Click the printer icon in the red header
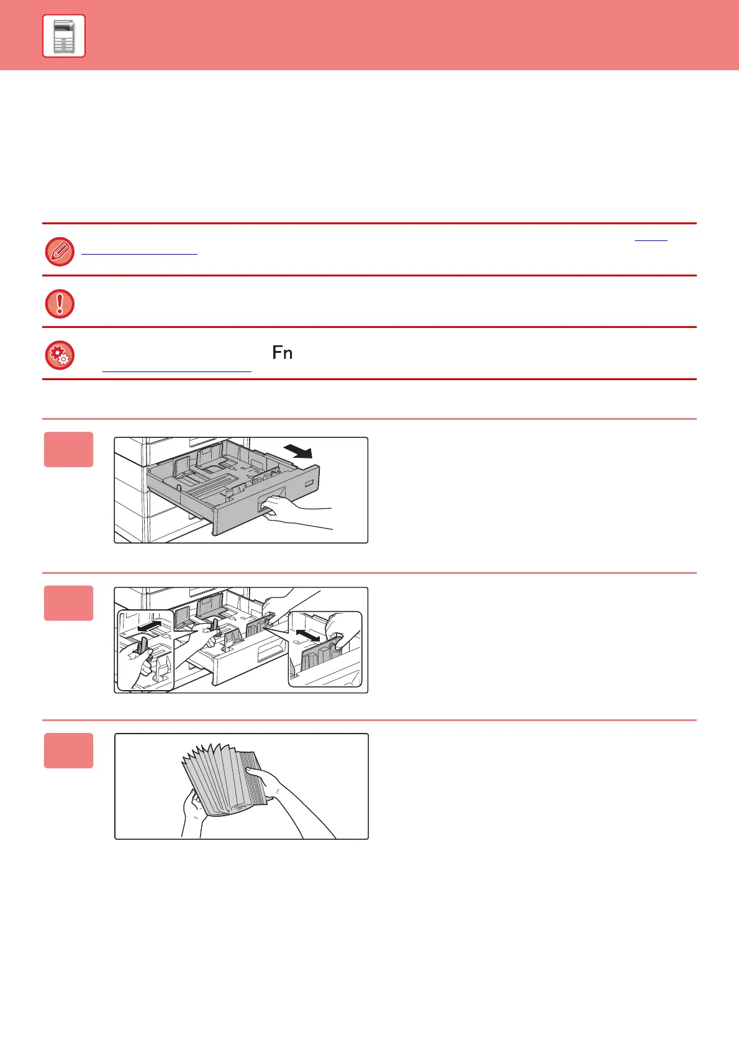tap(64, 36)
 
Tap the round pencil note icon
tap(60, 252)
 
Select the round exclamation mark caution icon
tap(60, 304)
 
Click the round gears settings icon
tap(60, 355)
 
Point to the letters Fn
tap(283, 353)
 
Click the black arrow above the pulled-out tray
tap(298, 451)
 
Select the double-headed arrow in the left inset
tap(150, 627)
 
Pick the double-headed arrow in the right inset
tap(308, 636)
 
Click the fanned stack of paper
tap(224, 779)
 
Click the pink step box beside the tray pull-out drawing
tap(69, 449)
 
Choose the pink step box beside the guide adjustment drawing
tap(69, 603)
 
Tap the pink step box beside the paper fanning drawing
tap(69, 750)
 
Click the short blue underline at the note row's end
tap(651, 240)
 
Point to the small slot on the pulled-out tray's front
tap(309, 483)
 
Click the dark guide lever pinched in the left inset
tap(142, 645)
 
